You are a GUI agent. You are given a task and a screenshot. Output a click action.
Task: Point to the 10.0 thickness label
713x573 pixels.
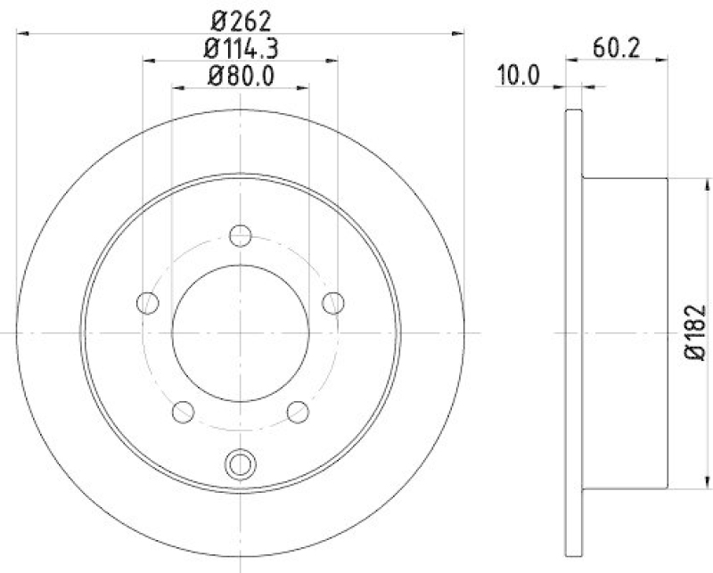coord(519,76)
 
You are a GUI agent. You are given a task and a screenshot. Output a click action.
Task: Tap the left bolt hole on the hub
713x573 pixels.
coord(148,303)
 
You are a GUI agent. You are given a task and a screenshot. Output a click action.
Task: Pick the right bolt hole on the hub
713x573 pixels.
coord(333,303)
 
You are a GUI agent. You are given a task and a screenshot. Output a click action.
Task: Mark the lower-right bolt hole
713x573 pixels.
coord(298,412)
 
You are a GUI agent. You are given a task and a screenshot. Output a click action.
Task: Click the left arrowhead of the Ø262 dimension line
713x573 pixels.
coord(23,34)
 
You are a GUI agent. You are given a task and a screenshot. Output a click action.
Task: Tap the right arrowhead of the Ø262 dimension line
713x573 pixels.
coord(458,34)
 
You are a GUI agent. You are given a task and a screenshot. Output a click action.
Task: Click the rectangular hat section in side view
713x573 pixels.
coord(624,332)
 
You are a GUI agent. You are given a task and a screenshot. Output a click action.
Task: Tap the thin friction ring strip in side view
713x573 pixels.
coord(573,332)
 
